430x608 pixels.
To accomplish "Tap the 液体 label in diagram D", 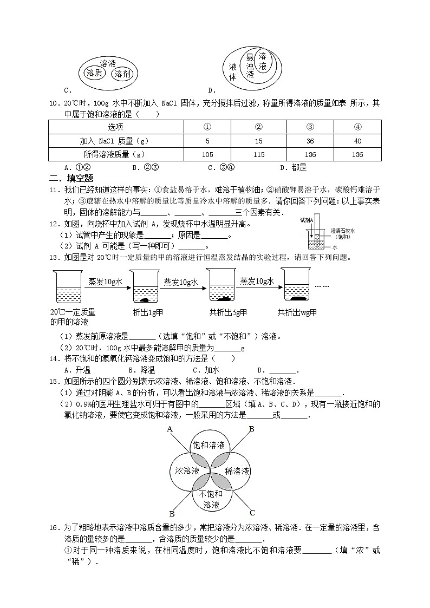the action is point(233,71).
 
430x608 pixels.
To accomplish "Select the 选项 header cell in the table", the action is point(115,127).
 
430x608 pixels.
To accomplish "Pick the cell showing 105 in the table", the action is point(207,154).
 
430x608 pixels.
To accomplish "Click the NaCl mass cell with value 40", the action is point(357,141).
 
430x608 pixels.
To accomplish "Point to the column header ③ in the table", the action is point(310,127).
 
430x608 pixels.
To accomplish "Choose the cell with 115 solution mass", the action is point(258,154).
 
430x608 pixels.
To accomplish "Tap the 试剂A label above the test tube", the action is point(307,220).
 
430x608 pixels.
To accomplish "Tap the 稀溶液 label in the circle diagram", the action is point(237,471).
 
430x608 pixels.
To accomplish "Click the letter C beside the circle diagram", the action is point(252,512).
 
